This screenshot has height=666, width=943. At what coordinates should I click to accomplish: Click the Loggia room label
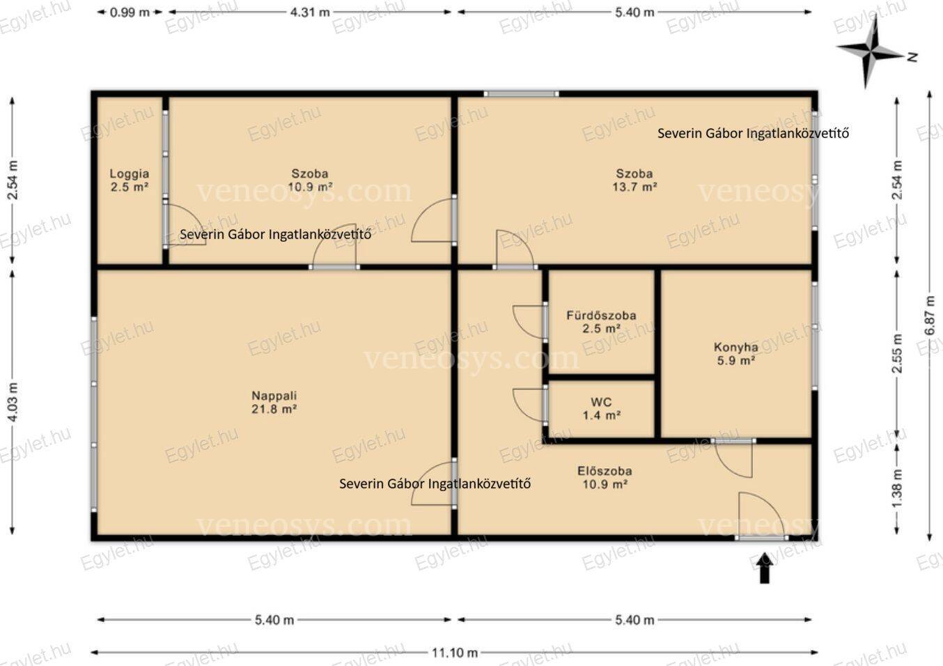pyautogui.click(x=130, y=173)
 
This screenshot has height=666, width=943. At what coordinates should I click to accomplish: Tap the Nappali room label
pyautogui.click(x=274, y=396)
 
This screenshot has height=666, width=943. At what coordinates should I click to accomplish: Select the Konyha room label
pyautogui.click(x=736, y=348)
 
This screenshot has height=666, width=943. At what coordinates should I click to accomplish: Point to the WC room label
pyautogui.click(x=601, y=402)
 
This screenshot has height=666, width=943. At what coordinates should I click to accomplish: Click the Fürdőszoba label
pyautogui.click(x=601, y=316)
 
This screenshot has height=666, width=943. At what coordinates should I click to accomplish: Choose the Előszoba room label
pyautogui.click(x=605, y=471)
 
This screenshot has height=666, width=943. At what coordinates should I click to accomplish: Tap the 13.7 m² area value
pyautogui.click(x=634, y=187)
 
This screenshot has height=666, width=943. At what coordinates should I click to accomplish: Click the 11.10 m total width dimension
pyautogui.click(x=455, y=653)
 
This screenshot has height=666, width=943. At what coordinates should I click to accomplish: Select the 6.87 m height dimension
pyautogui.click(x=930, y=316)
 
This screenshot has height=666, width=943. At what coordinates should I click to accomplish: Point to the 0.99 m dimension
pyautogui.click(x=130, y=13)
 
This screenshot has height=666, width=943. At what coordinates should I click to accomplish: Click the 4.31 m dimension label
pyautogui.click(x=310, y=13)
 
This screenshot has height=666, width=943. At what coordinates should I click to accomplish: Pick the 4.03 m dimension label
pyautogui.click(x=13, y=402)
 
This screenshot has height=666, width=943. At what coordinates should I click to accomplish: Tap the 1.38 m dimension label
pyautogui.click(x=897, y=488)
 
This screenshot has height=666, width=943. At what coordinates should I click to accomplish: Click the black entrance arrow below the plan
pyautogui.click(x=765, y=568)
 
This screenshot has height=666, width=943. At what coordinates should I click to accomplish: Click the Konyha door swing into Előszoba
pyautogui.click(x=733, y=460)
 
